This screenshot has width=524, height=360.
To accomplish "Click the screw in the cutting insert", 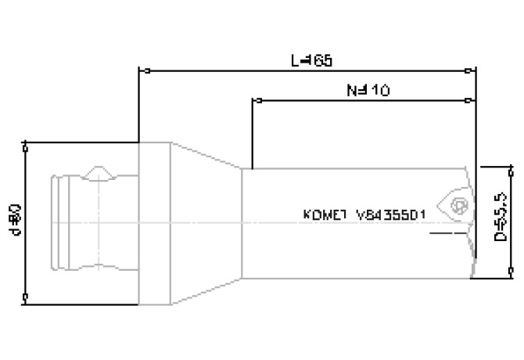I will point(460,206).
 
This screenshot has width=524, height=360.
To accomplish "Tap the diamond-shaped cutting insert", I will point(455,204).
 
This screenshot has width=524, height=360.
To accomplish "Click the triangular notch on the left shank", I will point(99,171).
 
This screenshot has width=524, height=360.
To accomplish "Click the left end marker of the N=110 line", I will point(253,100).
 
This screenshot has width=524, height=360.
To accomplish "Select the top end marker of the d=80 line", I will point(27,144).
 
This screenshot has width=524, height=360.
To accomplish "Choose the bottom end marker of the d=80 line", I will point(27,297).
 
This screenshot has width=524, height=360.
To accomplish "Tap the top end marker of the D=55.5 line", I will point(511,167).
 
